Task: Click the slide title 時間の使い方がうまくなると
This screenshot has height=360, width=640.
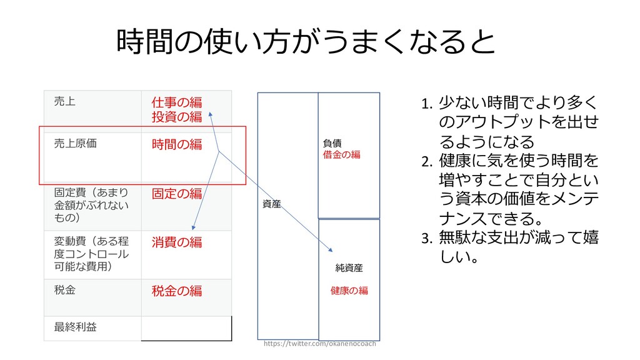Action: click(306, 42)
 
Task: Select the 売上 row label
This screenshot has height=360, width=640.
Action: click(64, 101)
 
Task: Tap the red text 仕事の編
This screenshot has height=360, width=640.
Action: click(177, 102)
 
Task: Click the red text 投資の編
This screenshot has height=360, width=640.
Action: click(177, 117)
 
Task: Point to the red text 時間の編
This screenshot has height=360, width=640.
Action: click(177, 144)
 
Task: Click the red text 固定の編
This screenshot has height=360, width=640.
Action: click(177, 193)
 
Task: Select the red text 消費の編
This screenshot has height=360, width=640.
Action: click(177, 242)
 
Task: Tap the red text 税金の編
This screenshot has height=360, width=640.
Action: click(177, 291)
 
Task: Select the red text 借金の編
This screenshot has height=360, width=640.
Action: click(341, 154)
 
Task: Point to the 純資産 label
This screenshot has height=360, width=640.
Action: click(349, 268)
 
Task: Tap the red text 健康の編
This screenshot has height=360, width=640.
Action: click(349, 291)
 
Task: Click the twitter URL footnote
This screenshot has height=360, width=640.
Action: click(320, 344)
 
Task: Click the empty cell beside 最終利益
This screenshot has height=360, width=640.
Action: click(186, 328)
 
